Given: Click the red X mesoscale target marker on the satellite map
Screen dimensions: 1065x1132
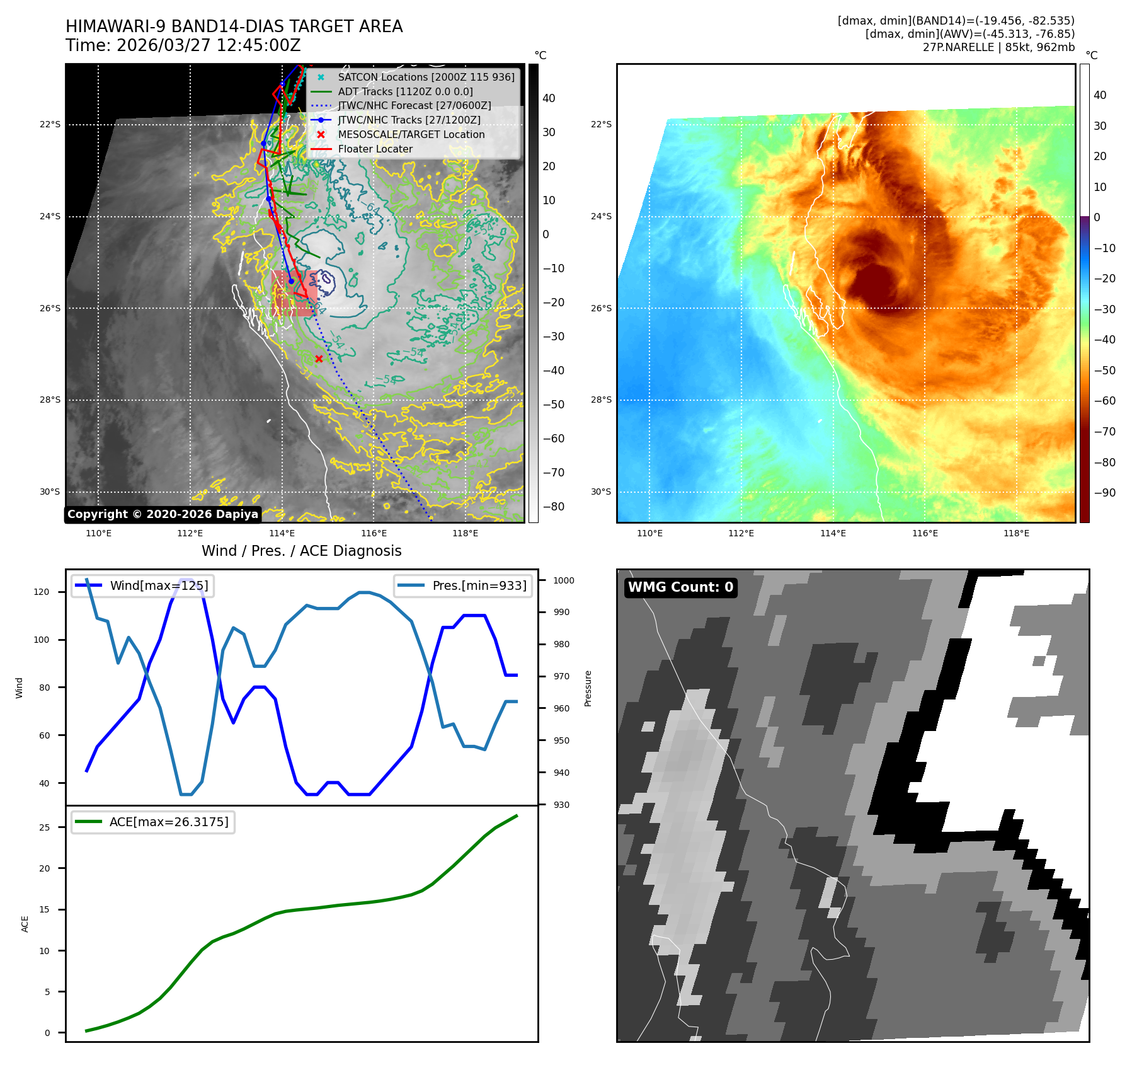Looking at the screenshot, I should click(x=319, y=359).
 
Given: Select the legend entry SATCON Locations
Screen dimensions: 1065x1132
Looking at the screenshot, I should click(x=426, y=77).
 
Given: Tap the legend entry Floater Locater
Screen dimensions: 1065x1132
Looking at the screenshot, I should click(x=375, y=149).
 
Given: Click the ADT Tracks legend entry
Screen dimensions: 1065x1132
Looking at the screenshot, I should click(x=405, y=91).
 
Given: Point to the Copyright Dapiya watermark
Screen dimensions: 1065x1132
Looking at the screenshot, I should click(x=163, y=514).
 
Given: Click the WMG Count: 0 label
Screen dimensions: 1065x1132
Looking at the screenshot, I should click(x=680, y=587).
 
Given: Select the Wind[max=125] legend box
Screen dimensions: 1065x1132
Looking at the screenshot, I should click(x=142, y=585).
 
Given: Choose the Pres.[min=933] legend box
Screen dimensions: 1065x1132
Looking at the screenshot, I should click(x=463, y=585).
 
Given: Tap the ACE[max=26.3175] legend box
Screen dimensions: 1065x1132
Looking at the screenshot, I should click(x=153, y=822).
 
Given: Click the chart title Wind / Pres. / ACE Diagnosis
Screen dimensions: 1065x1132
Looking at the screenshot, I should click(x=301, y=551).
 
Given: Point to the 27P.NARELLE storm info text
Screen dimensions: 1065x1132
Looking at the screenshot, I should click(x=998, y=47).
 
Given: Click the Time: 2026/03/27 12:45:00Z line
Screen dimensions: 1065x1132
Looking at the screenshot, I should click(x=183, y=46).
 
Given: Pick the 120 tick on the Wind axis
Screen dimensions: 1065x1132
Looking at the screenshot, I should click(x=44, y=592).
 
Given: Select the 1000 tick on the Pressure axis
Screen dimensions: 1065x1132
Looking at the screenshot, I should click(x=564, y=580).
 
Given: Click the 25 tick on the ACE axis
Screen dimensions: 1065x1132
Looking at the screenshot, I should click(x=44, y=827).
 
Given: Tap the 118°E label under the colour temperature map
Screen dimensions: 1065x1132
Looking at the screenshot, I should click(x=1016, y=534).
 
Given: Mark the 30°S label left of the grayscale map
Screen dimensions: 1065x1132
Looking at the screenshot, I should click(x=50, y=492).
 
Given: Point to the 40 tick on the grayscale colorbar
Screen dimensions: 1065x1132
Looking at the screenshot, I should click(x=549, y=98).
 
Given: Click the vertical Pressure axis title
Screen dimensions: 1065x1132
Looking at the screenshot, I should click(x=588, y=688).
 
